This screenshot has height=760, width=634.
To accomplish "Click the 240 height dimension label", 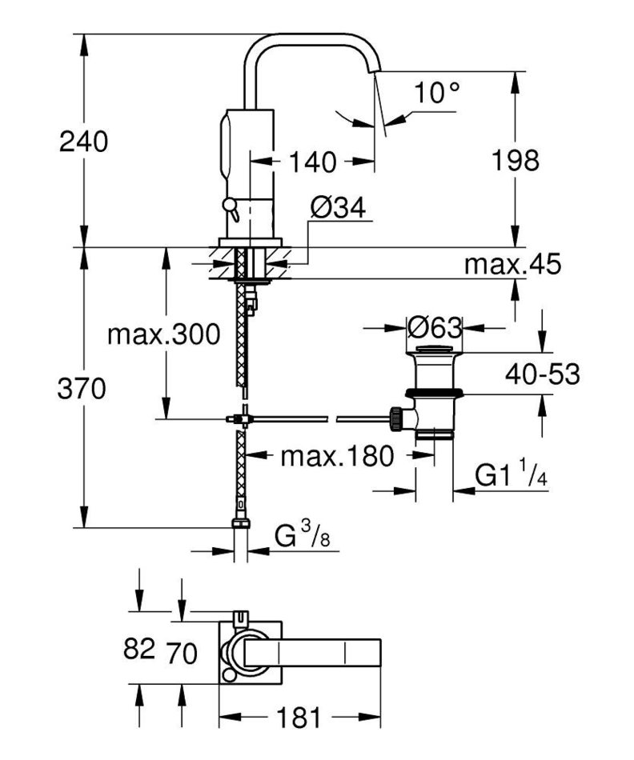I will [83, 142].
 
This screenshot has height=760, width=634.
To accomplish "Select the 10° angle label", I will [437, 93].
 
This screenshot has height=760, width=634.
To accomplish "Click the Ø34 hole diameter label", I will [337, 209].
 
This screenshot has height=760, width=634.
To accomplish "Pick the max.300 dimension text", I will [163, 334].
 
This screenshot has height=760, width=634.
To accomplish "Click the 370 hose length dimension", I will [83, 390].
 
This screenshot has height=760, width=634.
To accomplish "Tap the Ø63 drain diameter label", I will [435, 327].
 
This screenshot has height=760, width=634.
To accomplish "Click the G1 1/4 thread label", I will [509, 476].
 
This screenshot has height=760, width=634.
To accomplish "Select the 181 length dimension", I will [298, 718].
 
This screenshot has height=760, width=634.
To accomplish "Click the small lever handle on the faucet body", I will [229, 209].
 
